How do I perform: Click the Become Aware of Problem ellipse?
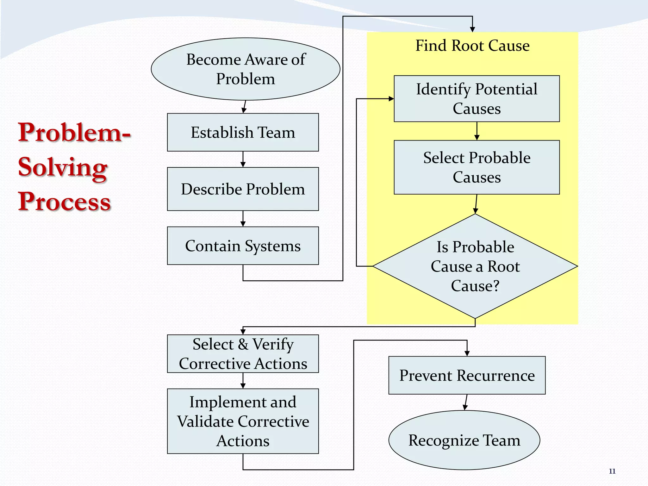[x=246, y=69]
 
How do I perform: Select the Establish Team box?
[x=243, y=132]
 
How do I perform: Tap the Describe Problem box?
[x=243, y=189]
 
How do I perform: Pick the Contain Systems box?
[x=243, y=246]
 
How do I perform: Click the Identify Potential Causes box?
[x=477, y=99]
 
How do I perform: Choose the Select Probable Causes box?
[x=477, y=167]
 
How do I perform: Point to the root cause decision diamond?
[x=475, y=266]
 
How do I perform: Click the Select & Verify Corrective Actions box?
[x=243, y=354]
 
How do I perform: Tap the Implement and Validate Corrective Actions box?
[x=243, y=421]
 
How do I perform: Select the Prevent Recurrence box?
[x=467, y=375]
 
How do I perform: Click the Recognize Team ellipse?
[x=464, y=440]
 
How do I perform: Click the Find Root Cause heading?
[x=472, y=46]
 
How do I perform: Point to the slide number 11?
[x=612, y=471]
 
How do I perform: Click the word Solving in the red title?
[x=63, y=167]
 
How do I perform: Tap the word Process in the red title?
[x=64, y=202]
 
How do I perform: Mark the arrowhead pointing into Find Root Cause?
[x=472, y=29]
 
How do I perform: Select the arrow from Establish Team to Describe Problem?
[x=243, y=159]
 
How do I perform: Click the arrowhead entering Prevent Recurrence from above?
[x=467, y=353]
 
